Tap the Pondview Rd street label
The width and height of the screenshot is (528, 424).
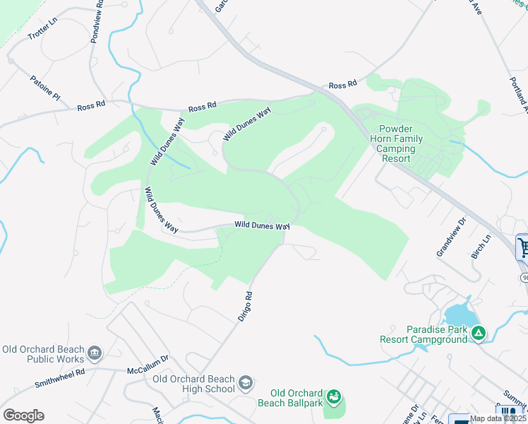pos(97,22)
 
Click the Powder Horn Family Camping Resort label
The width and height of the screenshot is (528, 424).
pos(401,144)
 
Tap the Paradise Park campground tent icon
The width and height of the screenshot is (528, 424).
pos(479,332)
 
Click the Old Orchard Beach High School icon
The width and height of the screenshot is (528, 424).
pos(245,383)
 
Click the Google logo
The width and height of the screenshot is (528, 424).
pos(23,416)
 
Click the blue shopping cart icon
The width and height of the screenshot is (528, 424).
pos(523,247)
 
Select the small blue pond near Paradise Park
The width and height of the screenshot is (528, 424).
pos(459,314)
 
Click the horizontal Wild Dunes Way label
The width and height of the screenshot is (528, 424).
pos(262,225)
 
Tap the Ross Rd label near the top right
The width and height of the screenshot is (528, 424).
pos(342,85)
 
